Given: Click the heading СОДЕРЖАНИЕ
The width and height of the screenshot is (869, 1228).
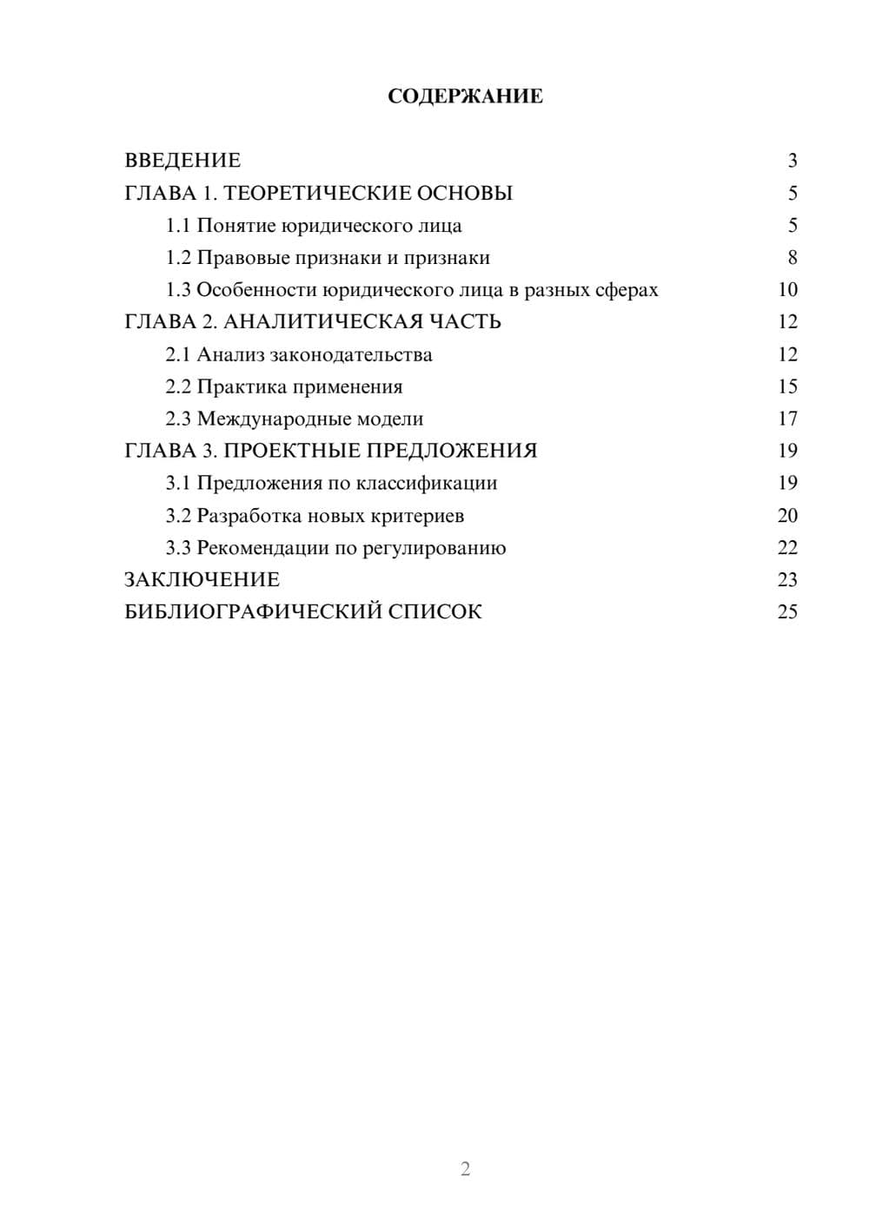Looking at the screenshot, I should (465, 96).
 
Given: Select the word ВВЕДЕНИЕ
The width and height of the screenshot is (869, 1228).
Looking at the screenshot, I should (182, 161).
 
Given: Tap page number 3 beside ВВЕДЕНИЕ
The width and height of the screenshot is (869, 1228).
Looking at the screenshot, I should (792, 161).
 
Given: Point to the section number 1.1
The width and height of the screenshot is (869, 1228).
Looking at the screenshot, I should (178, 226).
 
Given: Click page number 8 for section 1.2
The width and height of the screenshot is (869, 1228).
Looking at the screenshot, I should (792, 258).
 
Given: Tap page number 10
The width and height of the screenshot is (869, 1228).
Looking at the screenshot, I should (787, 290).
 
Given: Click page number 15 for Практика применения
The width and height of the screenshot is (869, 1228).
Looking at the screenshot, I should (787, 386).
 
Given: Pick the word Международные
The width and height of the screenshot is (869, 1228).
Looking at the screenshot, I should (269, 419).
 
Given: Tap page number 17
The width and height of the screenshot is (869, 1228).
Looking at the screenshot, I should (787, 419).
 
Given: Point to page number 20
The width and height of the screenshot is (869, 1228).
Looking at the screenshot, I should (787, 516).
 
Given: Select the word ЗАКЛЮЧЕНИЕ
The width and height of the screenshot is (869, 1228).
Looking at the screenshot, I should (202, 580).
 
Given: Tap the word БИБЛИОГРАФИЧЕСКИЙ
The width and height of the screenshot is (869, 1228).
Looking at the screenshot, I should (253, 612).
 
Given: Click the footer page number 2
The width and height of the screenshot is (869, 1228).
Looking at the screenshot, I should (465, 1169).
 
